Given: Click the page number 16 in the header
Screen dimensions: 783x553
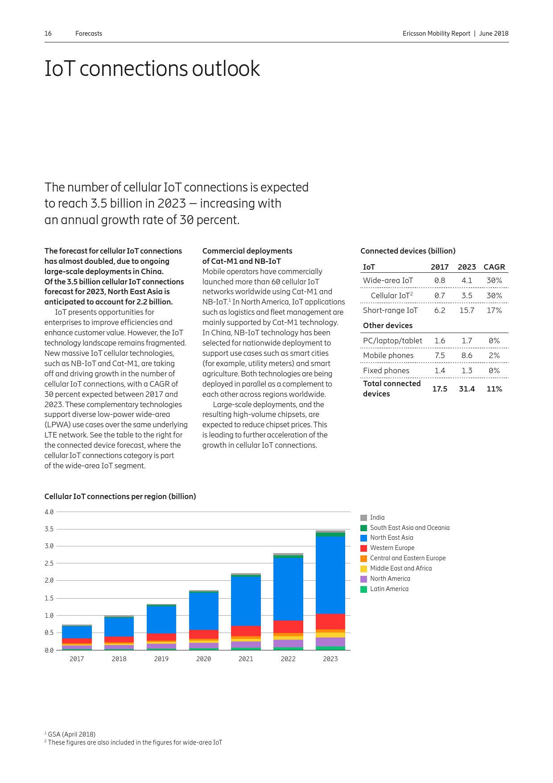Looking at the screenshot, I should [x=48, y=33].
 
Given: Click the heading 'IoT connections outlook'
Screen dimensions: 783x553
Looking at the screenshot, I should [x=152, y=69].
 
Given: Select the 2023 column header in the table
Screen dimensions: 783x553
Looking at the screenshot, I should [x=466, y=267].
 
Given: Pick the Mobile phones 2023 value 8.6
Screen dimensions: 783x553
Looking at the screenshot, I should [x=466, y=355].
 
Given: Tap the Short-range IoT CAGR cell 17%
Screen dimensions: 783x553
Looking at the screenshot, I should [x=494, y=310].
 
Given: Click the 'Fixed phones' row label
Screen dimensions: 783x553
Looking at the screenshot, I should [x=386, y=371].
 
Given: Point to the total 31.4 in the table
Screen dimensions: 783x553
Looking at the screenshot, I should [x=466, y=389].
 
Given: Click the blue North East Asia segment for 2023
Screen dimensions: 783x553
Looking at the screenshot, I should [x=330, y=575].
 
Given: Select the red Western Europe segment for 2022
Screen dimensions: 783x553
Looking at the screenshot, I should [x=288, y=627].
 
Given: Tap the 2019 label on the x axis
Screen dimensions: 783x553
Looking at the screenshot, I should [x=161, y=659].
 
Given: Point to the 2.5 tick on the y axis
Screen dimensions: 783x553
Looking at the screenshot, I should [x=49, y=563].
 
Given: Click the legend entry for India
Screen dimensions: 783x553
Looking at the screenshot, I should [x=377, y=517].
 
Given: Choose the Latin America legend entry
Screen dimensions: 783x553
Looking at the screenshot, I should [x=389, y=589].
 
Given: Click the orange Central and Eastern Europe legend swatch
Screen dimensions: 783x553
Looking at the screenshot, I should [x=364, y=558].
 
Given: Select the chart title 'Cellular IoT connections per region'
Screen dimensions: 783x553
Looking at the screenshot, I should [x=120, y=496].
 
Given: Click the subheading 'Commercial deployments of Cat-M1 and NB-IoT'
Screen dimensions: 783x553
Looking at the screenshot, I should [x=247, y=256].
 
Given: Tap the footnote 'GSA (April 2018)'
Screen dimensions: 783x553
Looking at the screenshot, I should [x=71, y=734].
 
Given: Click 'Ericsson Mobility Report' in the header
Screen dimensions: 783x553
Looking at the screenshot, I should [x=436, y=33].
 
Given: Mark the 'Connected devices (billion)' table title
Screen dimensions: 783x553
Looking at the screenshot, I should [x=408, y=251].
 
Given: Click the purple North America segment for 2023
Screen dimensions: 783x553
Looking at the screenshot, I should [x=330, y=642].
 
